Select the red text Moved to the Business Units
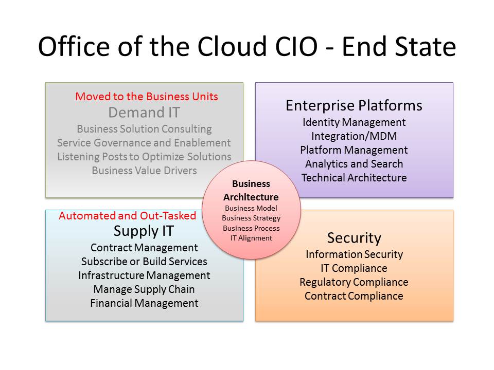147,96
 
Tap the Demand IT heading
144,113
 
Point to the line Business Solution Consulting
144,129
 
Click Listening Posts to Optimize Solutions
144,157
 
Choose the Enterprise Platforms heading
354,106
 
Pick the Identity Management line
354,122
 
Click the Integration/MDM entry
354,136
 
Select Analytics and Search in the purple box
354,164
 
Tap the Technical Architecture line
354,178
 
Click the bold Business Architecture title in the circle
251,190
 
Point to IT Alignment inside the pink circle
251,238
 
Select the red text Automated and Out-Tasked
127,216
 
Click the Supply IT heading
144,231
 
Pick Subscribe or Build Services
144,262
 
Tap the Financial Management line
144,303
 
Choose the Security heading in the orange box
354,238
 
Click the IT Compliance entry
354,268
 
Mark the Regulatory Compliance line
354,282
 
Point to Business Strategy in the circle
251,218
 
